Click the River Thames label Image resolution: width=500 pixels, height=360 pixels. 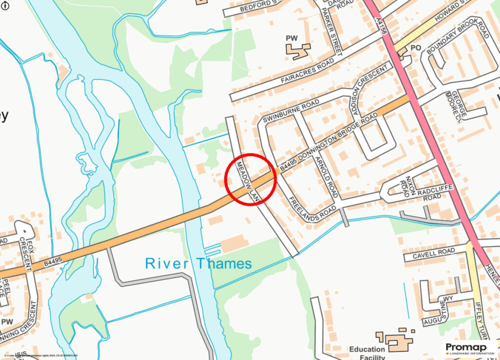[198, 264]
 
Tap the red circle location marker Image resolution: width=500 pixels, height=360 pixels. [250, 179]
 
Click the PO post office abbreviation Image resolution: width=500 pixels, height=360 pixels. [416, 48]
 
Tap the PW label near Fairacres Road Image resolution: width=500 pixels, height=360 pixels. [292, 38]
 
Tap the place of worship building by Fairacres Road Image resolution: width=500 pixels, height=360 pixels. [297, 50]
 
